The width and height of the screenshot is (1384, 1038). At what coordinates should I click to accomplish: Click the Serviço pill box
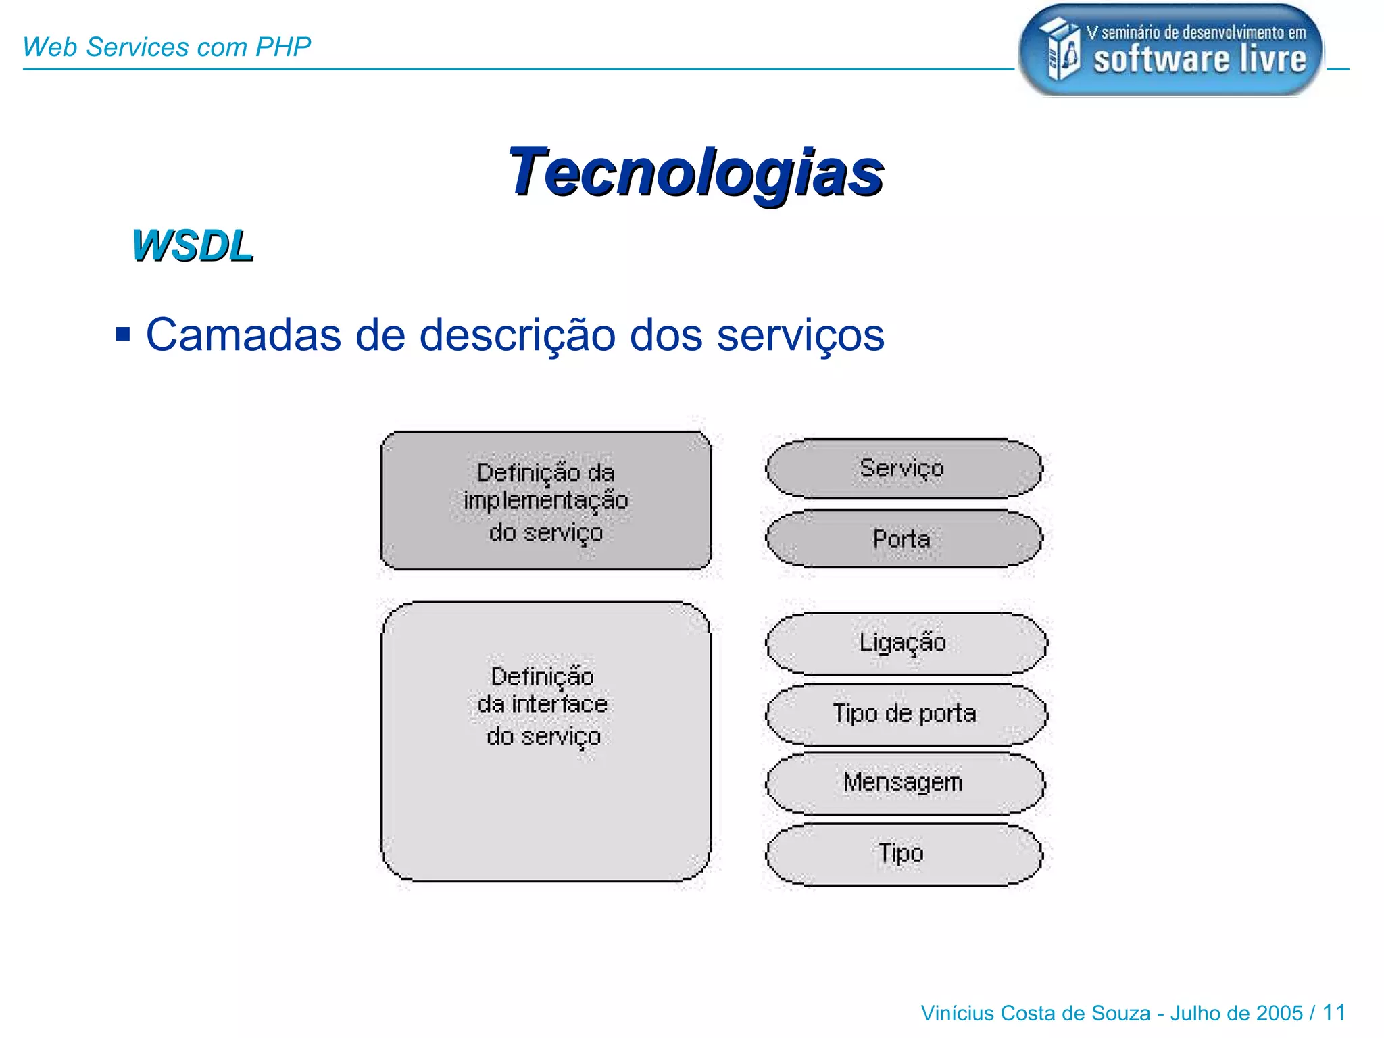coord(904,468)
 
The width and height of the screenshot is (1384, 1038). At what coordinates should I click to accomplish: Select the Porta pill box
coord(904,539)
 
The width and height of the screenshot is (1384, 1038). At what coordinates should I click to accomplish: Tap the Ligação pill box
coord(905,643)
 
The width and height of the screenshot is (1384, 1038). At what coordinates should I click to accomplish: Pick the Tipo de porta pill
coord(905,714)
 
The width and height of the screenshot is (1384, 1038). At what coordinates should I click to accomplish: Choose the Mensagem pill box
coord(904,783)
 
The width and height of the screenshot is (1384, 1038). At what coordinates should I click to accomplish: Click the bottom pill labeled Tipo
coord(902,854)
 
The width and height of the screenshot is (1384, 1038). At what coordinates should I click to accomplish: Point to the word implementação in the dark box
coord(545,501)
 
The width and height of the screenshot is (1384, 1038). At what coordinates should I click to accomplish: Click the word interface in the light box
coord(559,705)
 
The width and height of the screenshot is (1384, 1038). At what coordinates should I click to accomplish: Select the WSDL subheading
coord(193,246)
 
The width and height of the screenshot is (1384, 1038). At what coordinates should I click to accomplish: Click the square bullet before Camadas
coord(123,334)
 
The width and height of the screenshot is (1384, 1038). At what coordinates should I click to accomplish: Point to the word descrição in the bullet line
coord(517,335)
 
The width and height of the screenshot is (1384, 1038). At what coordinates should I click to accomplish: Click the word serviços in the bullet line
coord(800,335)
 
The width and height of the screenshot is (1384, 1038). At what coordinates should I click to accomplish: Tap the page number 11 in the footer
coord(1333,1012)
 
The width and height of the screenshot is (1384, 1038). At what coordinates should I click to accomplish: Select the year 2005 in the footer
coord(1279,1013)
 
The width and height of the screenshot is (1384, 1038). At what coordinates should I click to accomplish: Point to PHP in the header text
coord(283,47)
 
